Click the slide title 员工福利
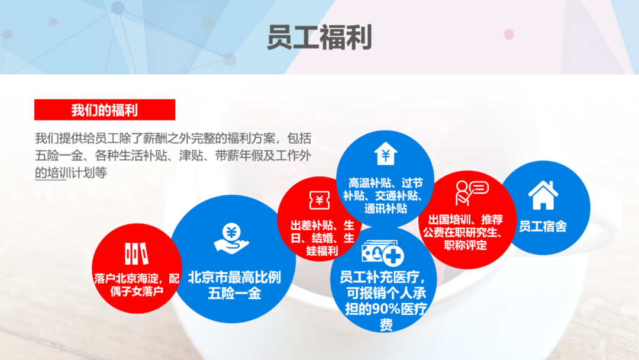tap(319, 37)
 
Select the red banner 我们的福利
tap(105, 110)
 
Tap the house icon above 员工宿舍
tap(543, 195)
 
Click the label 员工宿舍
tap(543, 226)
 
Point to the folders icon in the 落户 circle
tap(136, 253)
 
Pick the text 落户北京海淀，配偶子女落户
tap(137, 285)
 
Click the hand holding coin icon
tap(231, 239)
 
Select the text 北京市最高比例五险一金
tap(234, 285)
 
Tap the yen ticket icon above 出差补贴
tap(319, 200)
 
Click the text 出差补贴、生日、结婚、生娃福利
tap(322, 237)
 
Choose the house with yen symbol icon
tap(386, 153)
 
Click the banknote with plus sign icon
tap(383, 253)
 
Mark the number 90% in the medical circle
tap(385, 309)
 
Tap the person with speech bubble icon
tap(472, 193)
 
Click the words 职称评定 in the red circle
tap(466, 246)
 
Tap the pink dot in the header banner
tap(509, 34)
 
